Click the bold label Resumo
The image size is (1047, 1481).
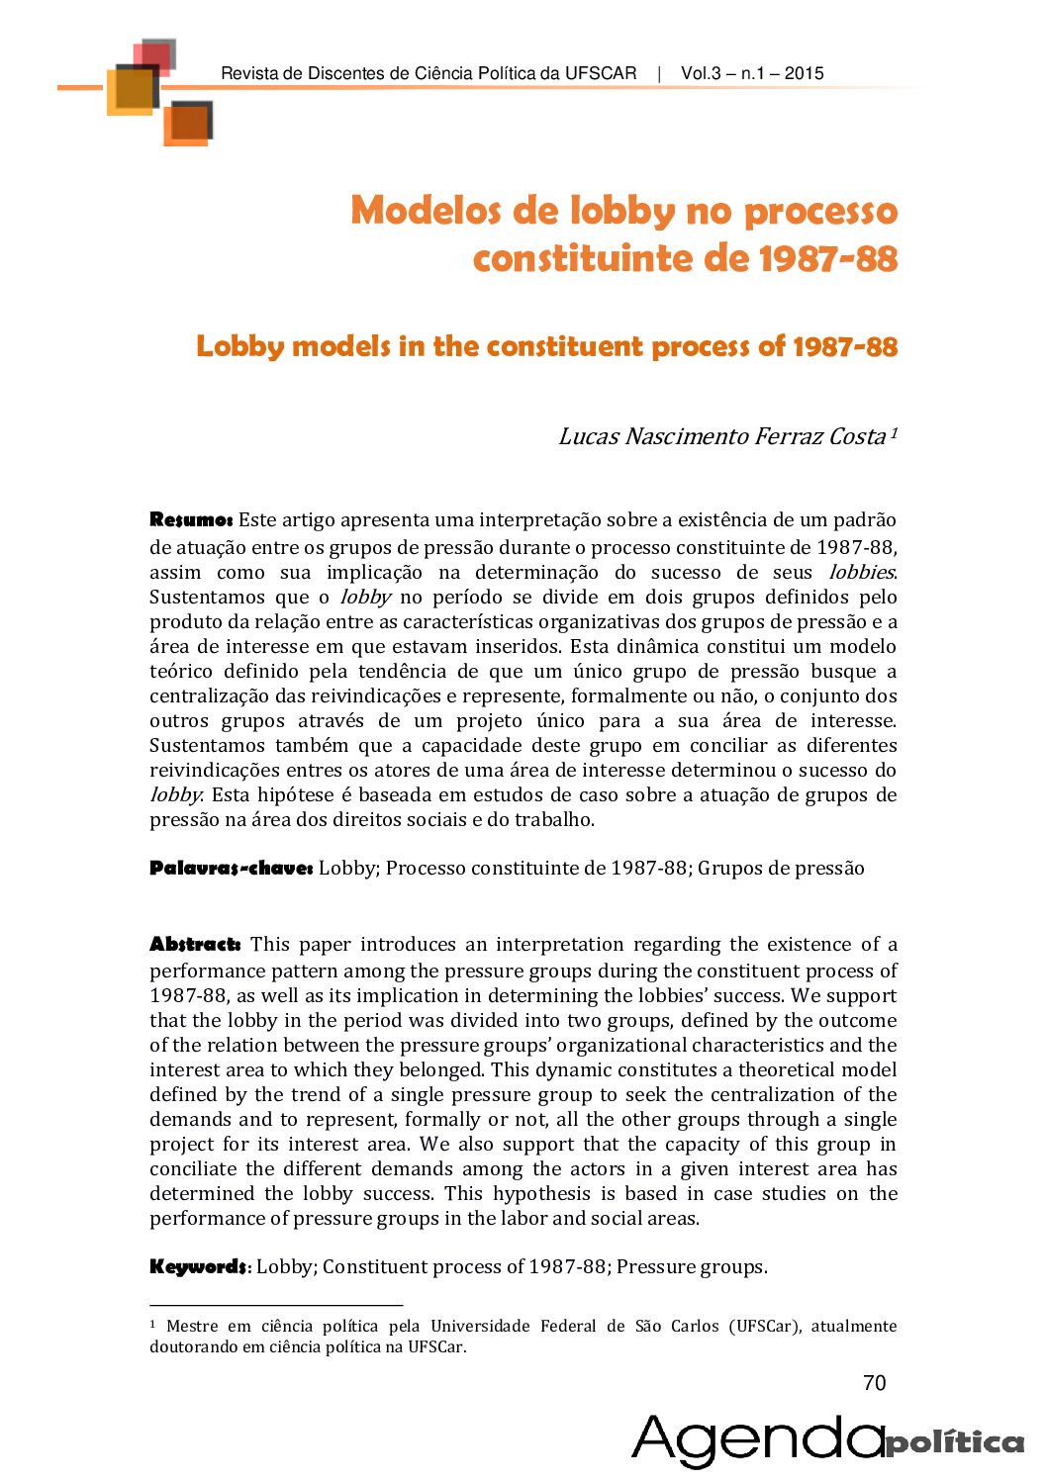point(191,519)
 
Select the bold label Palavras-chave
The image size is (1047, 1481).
point(231,868)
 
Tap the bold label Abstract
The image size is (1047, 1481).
point(195,944)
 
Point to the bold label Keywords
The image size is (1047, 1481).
point(198,1266)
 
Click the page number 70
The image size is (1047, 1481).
point(875,1383)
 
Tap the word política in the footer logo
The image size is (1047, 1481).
point(955,1442)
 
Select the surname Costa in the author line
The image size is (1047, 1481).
point(857,436)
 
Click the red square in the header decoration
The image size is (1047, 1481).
point(154,55)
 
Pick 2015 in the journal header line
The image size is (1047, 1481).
point(805,73)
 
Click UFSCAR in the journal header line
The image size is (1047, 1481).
point(601,73)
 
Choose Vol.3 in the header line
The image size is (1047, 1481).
point(703,73)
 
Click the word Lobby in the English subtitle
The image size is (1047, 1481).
point(239,346)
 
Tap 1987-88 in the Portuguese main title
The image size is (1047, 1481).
point(827,259)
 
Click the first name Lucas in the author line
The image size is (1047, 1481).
point(589,436)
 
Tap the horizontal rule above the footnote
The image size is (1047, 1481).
point(276,1305)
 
